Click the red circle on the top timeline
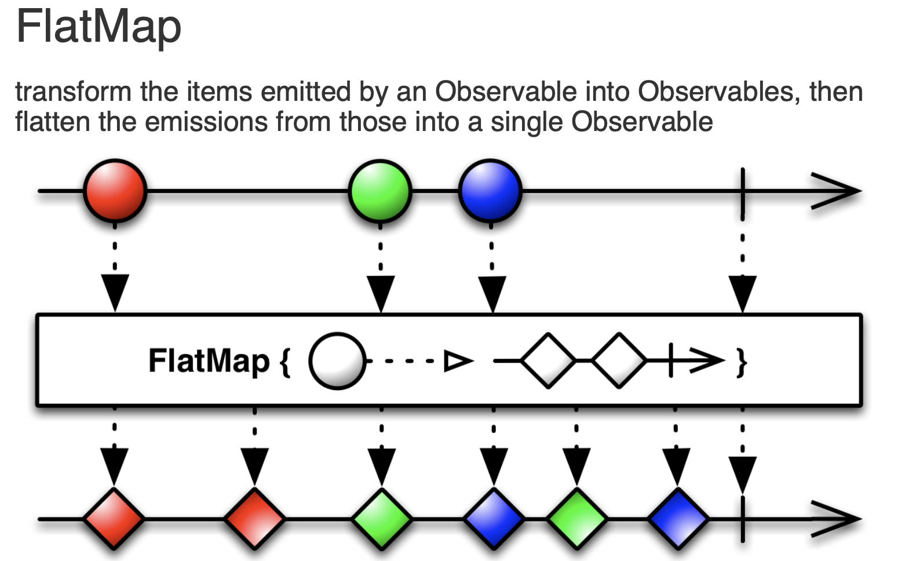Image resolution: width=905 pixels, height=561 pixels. pos(115,190)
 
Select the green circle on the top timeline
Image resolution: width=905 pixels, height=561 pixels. pos(380,190)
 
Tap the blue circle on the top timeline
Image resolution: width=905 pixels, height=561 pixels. pos(490,190)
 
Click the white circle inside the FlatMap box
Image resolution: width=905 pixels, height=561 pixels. pos(337,360)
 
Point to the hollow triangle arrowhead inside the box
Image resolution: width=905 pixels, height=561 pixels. pos(458,360)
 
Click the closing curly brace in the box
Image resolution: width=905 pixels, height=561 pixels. pos(741,362)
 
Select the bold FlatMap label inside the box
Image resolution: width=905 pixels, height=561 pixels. pos(209,360)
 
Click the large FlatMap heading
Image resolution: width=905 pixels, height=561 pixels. pos(98,27)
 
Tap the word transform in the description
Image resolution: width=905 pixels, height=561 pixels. pos(74,92)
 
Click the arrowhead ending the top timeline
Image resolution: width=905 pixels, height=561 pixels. pos(837,191)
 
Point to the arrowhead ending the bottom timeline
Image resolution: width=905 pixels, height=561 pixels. pos(837,518)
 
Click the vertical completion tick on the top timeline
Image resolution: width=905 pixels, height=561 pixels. pos(742,191)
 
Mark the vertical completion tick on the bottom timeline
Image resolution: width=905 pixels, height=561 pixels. pos(742,518)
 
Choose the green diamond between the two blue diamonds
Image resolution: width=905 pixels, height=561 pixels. pos(576,518)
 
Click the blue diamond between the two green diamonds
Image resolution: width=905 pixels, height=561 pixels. pos(494,518)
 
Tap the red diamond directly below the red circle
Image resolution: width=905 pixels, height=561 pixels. pos(114,518)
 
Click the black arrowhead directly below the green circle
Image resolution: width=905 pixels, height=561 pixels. pos(381,293)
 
